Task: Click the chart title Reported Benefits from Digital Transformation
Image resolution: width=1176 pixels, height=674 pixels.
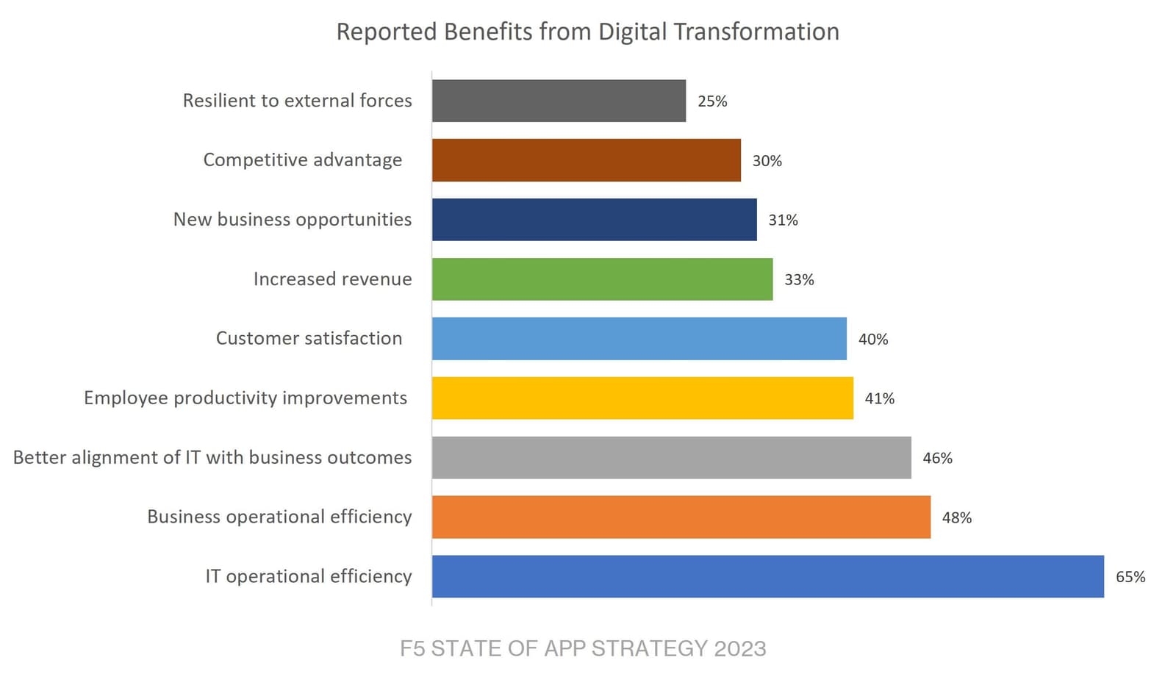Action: [x=587, y=32]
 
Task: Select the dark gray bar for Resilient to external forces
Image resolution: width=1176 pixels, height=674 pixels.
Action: [x=559, y=101]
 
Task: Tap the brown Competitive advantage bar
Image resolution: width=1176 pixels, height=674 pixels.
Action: [x=586, y=160]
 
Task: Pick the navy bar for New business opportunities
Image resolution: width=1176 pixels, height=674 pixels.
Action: [x=594, y=220]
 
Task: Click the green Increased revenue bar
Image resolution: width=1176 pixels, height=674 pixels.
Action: [x=602, y=279]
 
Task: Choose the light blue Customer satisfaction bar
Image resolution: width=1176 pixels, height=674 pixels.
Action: [x=639, y=339]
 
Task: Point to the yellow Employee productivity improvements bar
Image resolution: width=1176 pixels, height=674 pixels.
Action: [x=642, y=398]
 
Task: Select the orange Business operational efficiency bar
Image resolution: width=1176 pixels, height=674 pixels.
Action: [x=681, y=517]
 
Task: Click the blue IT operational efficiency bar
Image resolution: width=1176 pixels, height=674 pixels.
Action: [x=767, y=576]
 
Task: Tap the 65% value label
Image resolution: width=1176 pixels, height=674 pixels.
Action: [x=1130, y=577]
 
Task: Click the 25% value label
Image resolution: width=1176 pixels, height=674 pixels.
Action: [x=712, y=101]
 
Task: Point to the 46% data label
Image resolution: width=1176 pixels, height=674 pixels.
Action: [x=937, y=458]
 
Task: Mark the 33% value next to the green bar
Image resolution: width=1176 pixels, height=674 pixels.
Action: [x=799, y=279]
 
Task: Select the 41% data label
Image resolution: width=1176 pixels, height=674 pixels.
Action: [x=879, y=398]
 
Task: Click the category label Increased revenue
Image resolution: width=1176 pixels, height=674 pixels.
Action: [x=332, y=279]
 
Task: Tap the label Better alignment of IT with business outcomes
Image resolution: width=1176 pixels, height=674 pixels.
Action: [x=212, y=457]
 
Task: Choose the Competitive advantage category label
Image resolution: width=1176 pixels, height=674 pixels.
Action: [x=302, y=160]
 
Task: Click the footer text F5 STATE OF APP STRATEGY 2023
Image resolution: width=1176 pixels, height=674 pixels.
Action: [x=583, y=648]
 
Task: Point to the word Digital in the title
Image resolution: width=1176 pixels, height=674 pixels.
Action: [x=633, y=32]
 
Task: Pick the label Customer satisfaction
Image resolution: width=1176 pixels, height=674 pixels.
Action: [x=309, y=338]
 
